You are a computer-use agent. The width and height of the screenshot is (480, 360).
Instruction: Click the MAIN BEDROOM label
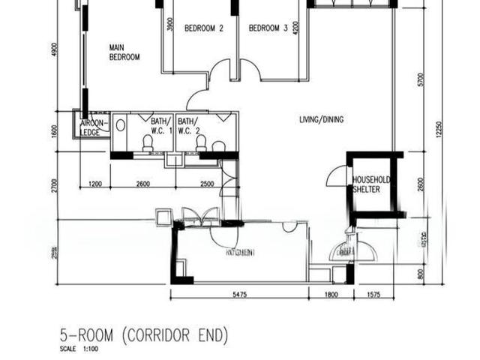click(x=124, y=52)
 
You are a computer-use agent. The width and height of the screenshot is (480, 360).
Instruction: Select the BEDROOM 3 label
click(x=268, y=29)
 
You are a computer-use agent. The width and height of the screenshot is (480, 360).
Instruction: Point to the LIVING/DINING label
click(x=322, y=119)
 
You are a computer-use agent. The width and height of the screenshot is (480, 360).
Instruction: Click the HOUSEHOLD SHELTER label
click(x=371, y=184)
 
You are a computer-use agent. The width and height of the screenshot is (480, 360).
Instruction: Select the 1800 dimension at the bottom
click(x=331, y=295)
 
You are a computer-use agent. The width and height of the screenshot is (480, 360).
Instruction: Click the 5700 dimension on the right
click(x=421, y=79)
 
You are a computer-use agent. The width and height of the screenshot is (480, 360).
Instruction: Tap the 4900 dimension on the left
click(x=55, y=49)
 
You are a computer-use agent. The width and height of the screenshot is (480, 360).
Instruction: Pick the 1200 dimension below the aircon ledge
click(x=95, y=184)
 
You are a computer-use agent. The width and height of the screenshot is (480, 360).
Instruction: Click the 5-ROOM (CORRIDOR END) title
click(x=144, y=334)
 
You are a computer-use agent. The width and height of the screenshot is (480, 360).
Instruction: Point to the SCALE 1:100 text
click(x=79, y=349)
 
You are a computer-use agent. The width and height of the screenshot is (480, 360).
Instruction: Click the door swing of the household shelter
click(x=334, y=178)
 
